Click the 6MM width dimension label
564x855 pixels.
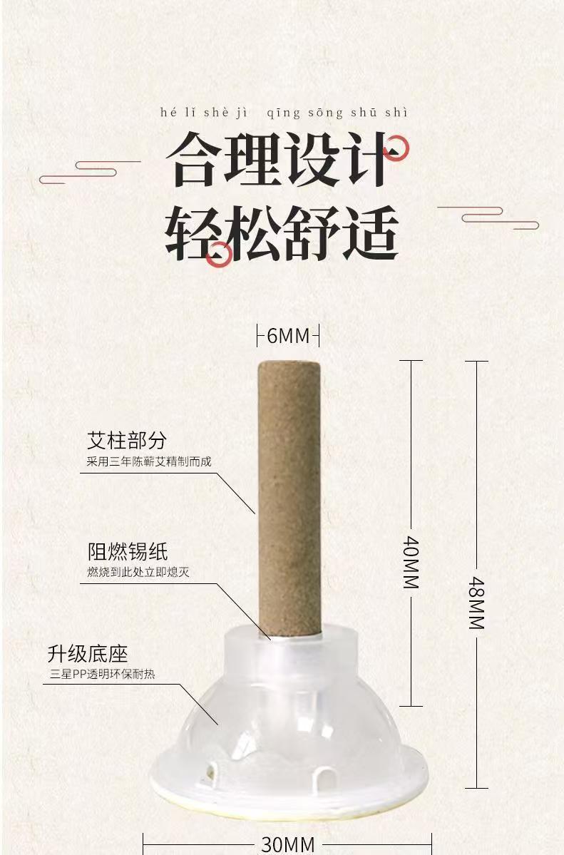(x=288, y=335)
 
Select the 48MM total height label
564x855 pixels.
(x=476, y=603)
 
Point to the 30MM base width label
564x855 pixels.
(x=287, y=844)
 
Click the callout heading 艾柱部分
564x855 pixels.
(x=126, y=440)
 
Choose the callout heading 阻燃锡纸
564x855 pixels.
(x=128, y=551)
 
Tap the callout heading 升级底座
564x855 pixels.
(x=88, y=653)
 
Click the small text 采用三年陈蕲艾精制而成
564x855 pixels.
(x=149, y=461)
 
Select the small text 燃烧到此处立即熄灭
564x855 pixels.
(x=138, y=572)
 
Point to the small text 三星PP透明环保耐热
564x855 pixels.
(x=102, y=674)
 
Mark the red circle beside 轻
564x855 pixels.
(x=220, y=253)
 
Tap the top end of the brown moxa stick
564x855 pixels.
(x=288, y=366)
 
